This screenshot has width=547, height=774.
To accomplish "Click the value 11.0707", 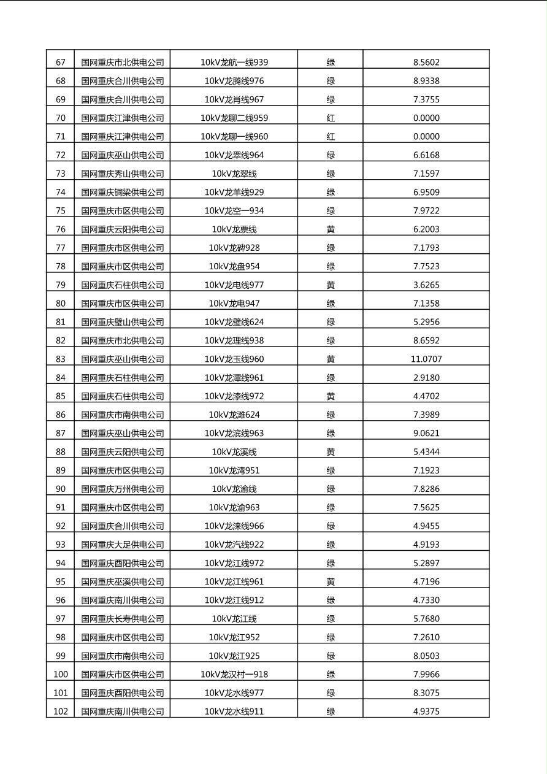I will point(426,359).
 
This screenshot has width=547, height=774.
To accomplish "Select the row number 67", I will point(60,62).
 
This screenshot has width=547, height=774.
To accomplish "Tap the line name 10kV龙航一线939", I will point(234,62).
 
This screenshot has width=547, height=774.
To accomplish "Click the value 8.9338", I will point(426,80).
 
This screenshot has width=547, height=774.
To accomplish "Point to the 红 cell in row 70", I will point(331,118).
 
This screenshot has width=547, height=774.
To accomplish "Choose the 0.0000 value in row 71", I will point(426,136).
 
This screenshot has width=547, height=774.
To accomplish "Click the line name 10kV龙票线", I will point(234,229).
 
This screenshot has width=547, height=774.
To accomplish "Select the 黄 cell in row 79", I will point(331,285).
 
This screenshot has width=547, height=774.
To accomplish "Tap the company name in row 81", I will point(123,322).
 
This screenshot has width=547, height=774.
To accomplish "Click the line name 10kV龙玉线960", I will point(234,359).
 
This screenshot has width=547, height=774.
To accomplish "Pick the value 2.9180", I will point(426,377).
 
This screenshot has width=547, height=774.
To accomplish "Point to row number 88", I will point(60,452).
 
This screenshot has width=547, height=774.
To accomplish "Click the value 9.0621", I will point(426,433).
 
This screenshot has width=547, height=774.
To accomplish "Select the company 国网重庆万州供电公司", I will point(123,489).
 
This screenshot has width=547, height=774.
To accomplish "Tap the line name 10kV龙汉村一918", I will point(234,674).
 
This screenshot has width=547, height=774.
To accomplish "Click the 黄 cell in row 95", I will point(331,581).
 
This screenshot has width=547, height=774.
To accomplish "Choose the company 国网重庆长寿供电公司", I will point(123,619).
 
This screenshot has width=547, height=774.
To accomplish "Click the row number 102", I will point(60,711).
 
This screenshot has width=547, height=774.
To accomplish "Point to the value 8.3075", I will point(426,693).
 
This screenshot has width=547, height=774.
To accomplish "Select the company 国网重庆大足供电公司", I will point(123,545).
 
